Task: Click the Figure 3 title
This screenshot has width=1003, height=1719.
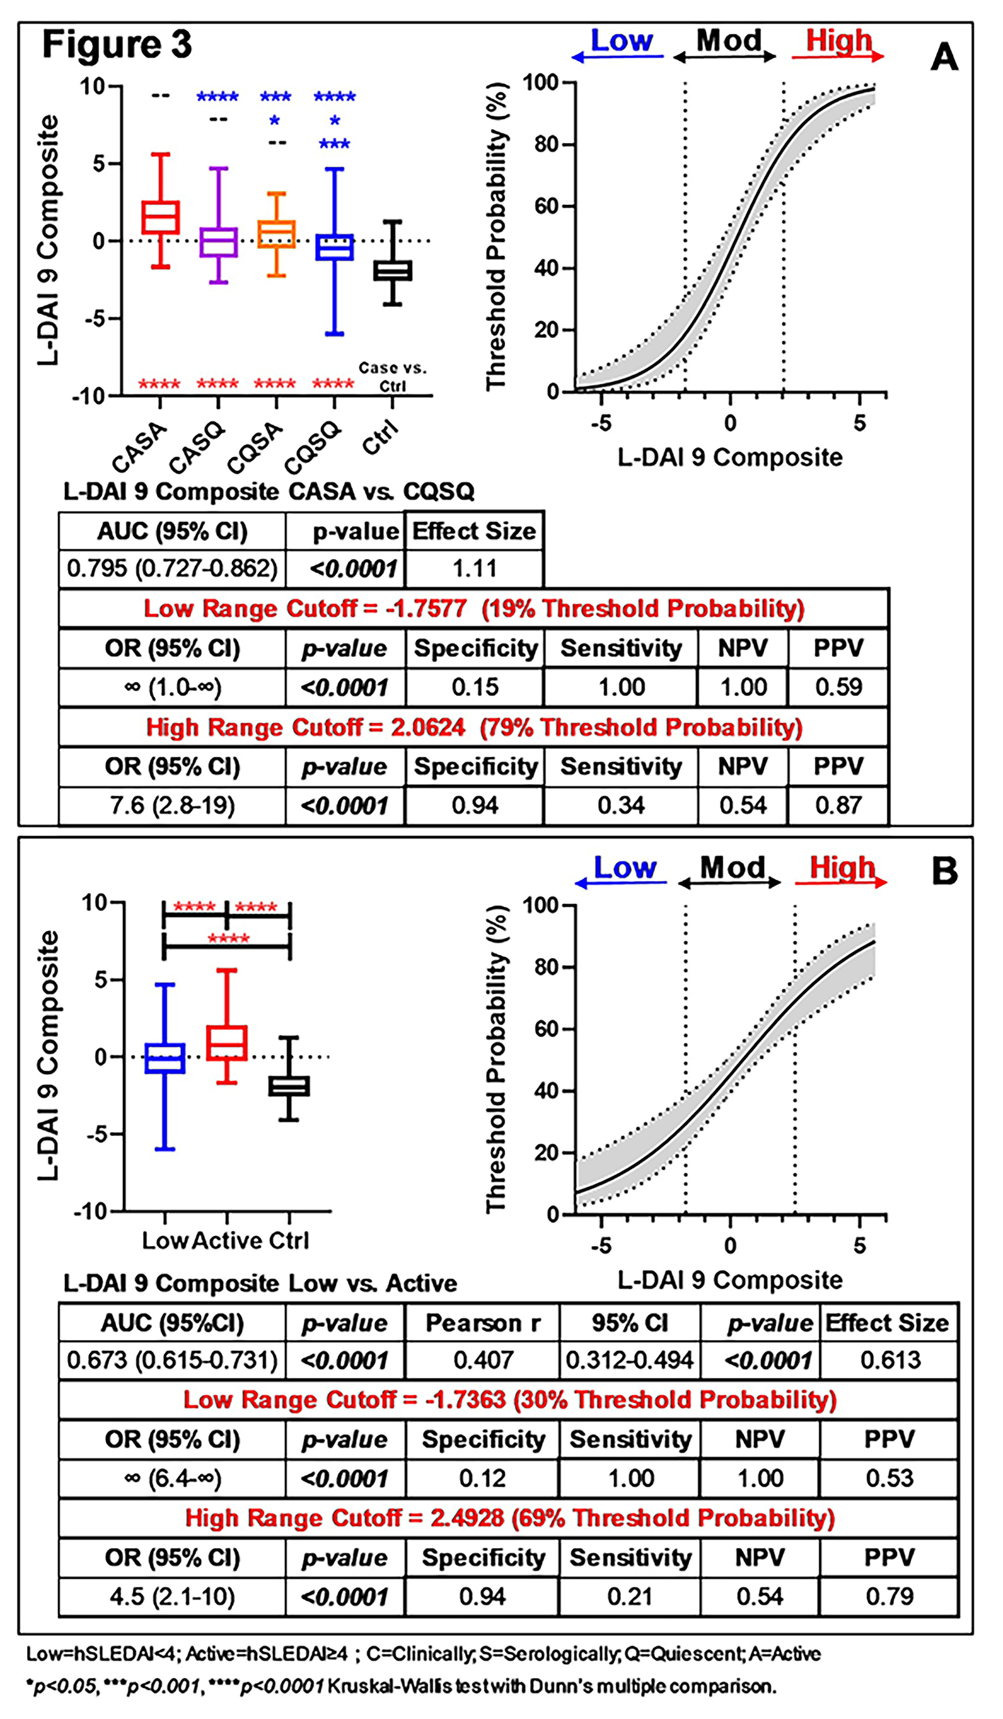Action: click(117, 45)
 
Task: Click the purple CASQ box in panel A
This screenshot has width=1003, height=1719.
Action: click(218, 242)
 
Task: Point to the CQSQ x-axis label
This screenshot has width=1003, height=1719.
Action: click(312, 447)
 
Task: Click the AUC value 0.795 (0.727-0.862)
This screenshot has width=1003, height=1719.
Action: click(172, 568)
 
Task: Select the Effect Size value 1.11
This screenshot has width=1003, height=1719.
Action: click(475, 568)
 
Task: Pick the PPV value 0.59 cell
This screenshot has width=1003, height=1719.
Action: click(838, 687)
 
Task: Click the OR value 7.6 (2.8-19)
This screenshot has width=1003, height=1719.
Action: click(172, 806)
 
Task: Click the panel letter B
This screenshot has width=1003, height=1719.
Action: click(944, 871)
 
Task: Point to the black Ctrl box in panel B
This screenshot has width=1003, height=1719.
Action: click(289, 1086)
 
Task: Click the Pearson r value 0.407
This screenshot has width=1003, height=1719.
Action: click(482, 1360)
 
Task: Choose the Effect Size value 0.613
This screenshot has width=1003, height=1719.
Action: click(890, 1360)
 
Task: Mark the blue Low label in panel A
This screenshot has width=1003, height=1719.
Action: click(621, 41)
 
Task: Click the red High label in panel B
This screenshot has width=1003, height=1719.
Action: click(842, 868)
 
